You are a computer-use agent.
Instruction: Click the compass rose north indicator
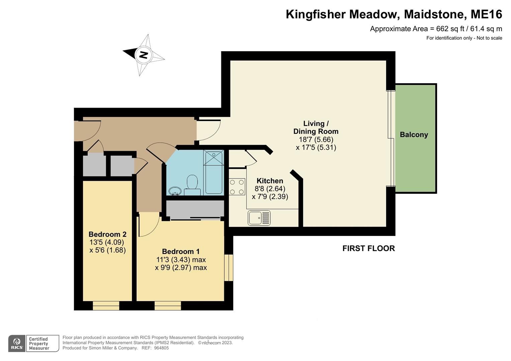[x=144, y=54]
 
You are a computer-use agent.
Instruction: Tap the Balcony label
[x=414, y=135]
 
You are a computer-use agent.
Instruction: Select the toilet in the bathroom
[x=192, y=185]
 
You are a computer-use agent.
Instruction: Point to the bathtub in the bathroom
[x=214, y=172]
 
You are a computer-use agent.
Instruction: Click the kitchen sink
[x=259, y=218]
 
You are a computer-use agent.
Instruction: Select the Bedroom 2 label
[x=107, y=234]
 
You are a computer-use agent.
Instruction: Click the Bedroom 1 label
[x=181, y=251]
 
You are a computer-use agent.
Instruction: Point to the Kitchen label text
[x=270, y=181]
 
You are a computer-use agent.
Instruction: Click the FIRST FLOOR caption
[x=368, y=248]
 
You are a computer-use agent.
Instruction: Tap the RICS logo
[x=17, y=344]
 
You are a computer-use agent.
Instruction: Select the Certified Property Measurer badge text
[x=39, y=344]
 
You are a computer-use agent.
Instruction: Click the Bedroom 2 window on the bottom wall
[x=106, y=306]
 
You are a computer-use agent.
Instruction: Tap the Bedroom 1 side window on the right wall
[x=229, y=268]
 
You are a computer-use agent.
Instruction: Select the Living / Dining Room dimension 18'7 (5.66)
[x=316, y=140]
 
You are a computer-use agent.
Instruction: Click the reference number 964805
[x=161, y=348]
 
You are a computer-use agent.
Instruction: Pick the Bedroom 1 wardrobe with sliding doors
[x=195, y=209]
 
